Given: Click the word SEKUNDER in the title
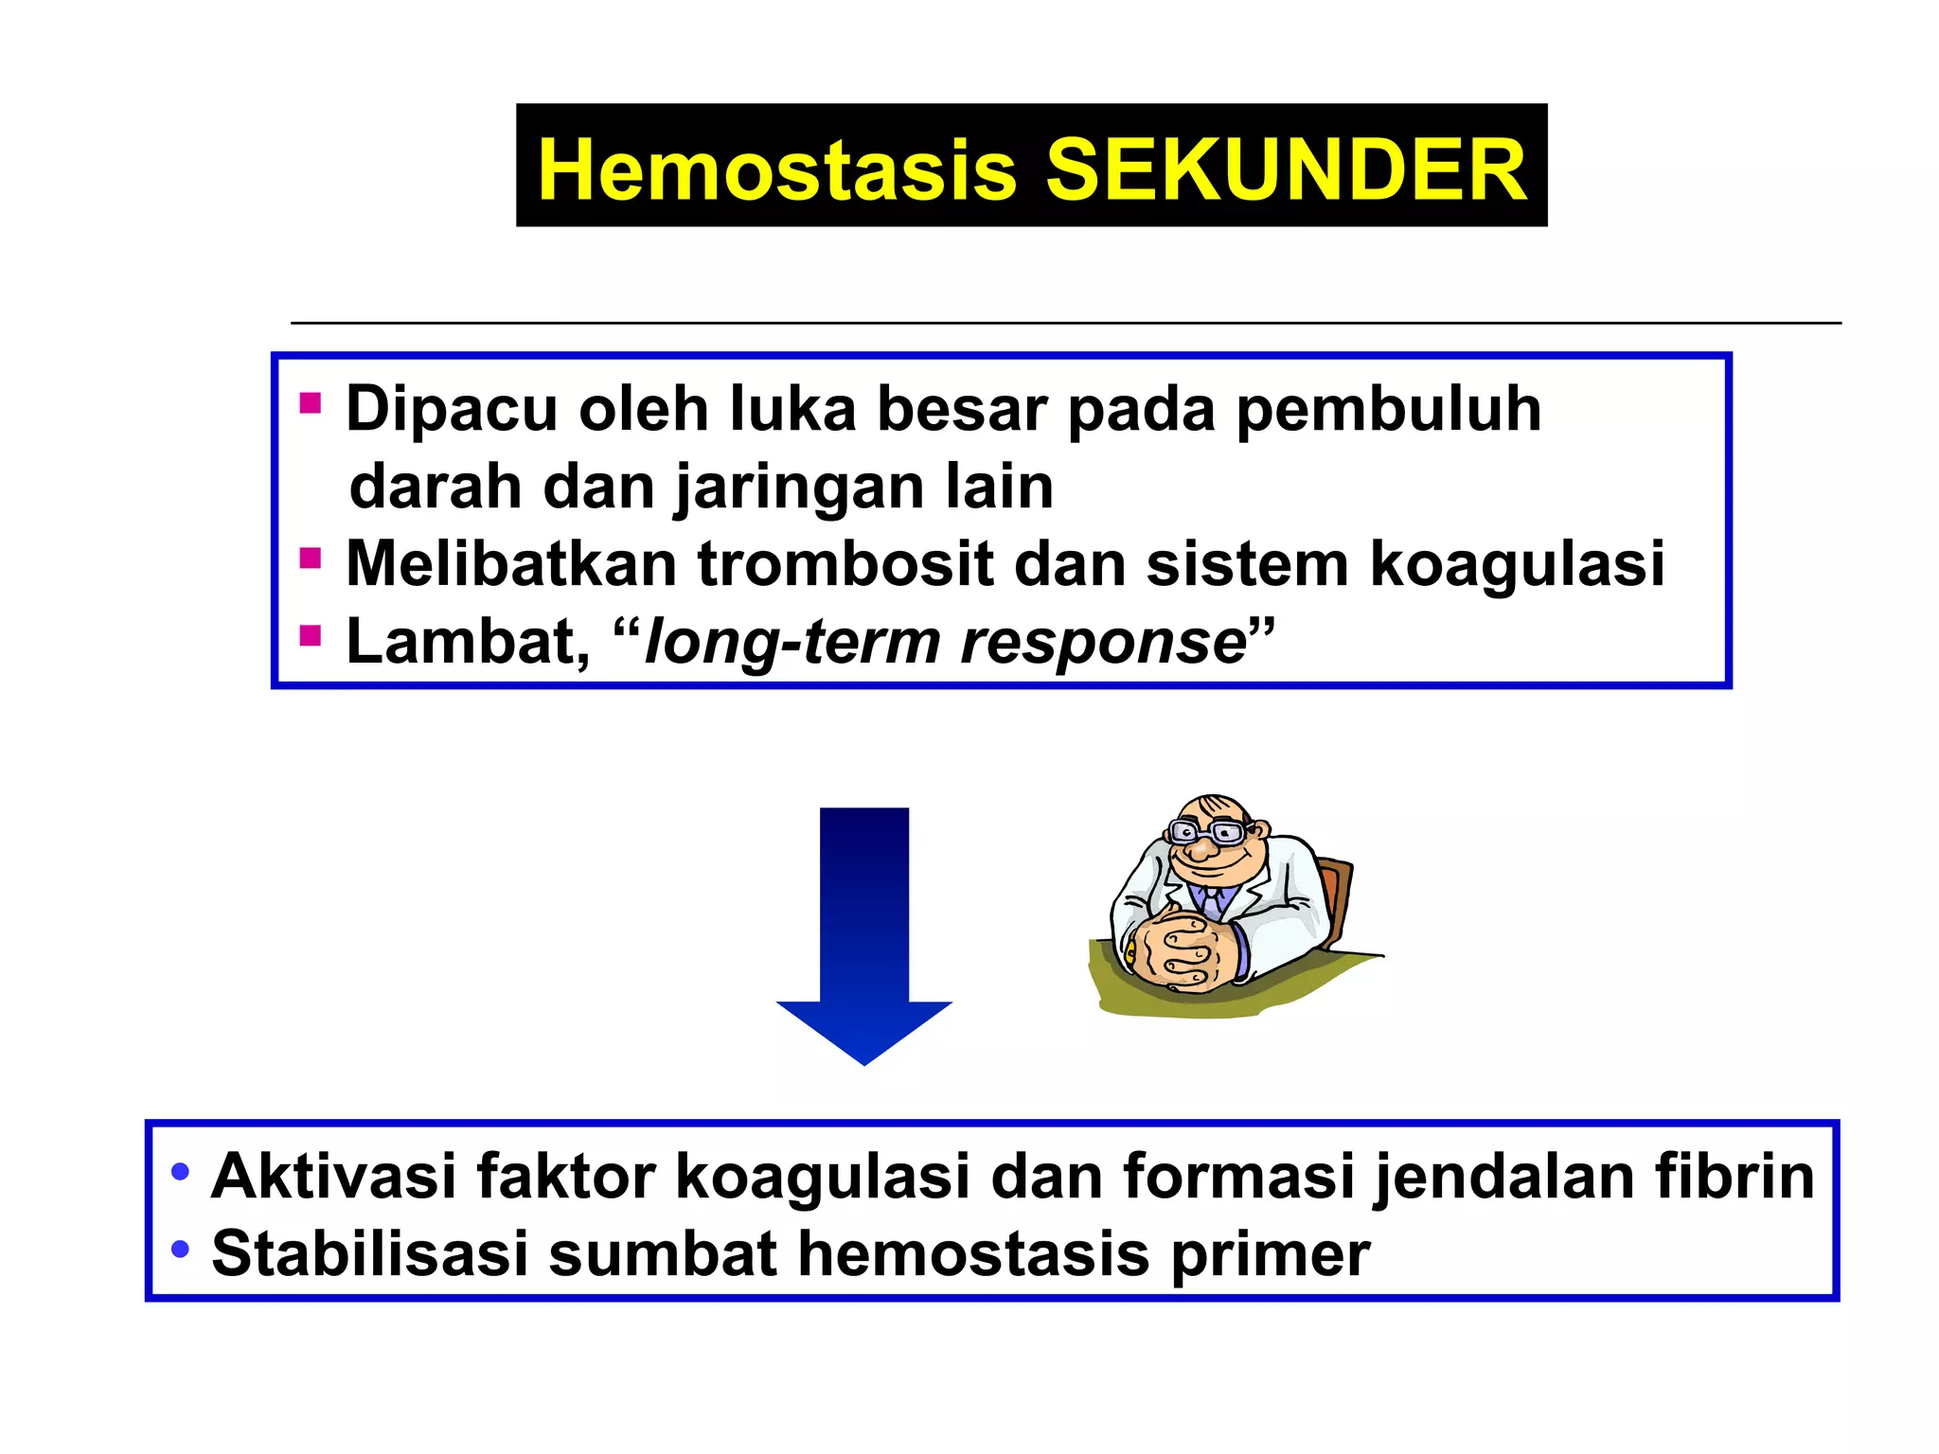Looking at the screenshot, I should coord(1286,170).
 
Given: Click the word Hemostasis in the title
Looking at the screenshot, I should coord(776,170).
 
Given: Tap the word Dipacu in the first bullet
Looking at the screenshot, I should coord(451,410).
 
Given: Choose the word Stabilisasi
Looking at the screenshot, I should coord(369,1254).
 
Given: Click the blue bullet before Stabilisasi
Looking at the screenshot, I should coord(180,1250).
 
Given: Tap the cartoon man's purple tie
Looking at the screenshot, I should coord(1212,899).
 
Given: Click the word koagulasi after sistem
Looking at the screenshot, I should coord(1517,564).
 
